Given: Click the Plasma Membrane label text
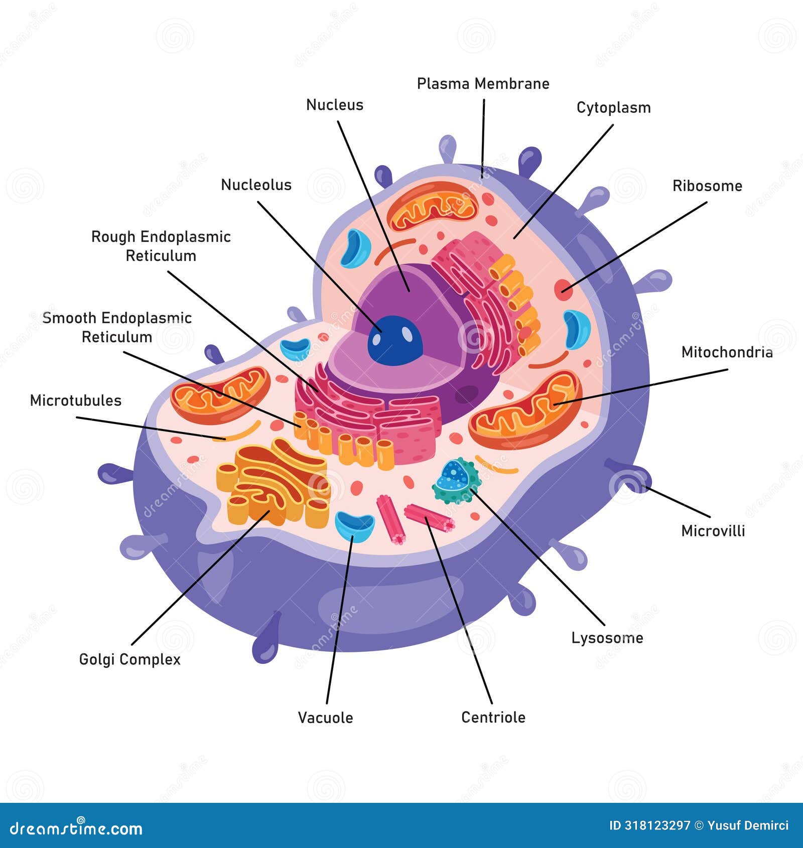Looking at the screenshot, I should [483, 84].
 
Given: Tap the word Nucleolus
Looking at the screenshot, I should [256, 185].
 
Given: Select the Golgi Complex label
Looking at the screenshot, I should [129, 659].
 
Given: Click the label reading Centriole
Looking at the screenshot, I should [493, 717].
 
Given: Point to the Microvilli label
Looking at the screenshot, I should [713, 531].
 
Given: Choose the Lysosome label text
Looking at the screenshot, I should [607, 638].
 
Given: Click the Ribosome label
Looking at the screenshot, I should [707, 186].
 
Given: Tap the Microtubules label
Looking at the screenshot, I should [76, 400].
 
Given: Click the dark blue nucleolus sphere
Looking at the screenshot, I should [395, 340].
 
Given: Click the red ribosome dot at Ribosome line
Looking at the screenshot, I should [563, 290].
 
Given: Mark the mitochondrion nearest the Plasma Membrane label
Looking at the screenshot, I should [433, 207].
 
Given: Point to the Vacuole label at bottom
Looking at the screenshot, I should [325, 718].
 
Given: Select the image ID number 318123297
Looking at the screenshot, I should [656, 825].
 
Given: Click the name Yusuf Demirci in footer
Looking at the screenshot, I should [748, 825].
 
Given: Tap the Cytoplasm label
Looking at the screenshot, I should [613, 108].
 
